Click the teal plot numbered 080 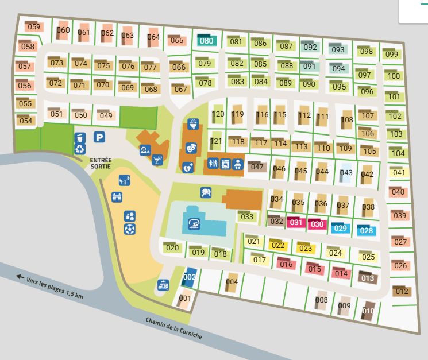206,41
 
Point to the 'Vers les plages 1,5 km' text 55,287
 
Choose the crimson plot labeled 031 296,223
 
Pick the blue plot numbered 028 366,230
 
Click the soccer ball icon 129,229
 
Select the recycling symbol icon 80,150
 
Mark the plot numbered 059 34,27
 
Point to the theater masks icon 192,148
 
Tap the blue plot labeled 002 190,277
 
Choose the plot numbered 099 392,54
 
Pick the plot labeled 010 368,311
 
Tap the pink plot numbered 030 317,224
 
